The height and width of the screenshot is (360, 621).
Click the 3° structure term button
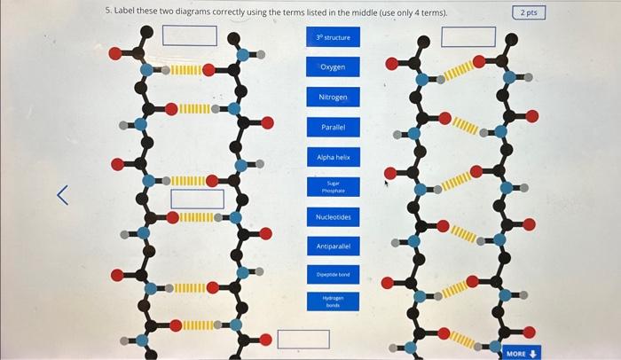point(334,38)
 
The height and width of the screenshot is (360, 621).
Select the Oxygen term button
point(334,67)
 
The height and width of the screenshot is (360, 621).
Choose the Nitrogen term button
point(334,97)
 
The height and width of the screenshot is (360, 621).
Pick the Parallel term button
point(334,127)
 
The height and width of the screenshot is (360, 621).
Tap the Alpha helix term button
point(334,157)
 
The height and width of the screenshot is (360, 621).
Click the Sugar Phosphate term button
point(334,187)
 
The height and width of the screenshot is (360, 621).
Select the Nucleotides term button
point(334,217)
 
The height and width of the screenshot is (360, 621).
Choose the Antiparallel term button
point(334,246)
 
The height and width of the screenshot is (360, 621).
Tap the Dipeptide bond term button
point(334,275)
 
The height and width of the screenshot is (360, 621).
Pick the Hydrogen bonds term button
point(334,302)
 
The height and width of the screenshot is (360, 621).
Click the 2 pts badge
point(529,12)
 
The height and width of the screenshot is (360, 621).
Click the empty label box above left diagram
point(190,35)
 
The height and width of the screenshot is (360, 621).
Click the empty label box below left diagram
point(303,339)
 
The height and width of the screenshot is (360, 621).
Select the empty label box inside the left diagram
point(197,199)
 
